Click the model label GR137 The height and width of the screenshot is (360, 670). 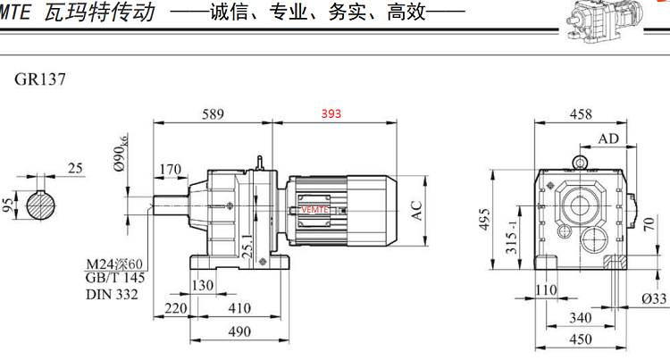pyautogui.click(x=39, y=78)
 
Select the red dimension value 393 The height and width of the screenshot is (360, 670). pyautogui.click(x=332, y=114)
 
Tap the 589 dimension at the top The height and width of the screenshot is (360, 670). pyautogui.click(x=211, y=114)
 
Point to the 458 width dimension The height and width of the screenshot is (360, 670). pyautogui.click(x=582, y=114)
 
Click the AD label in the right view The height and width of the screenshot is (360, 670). pyautogui.click(x=609, y=138)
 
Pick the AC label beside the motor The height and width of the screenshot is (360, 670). pyautogui.click(x=415, y=212)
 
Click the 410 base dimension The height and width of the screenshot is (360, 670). pyautogui.click(x=237, y=308)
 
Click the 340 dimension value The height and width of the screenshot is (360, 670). pyautogui.click(x=581, y=317)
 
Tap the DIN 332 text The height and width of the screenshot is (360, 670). pyautogui.click(x=112, y=294)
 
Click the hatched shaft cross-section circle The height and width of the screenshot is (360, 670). pyautogui.click(x=40, y=206)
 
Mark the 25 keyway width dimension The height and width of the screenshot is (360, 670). pyautogui.click(x=75, y=168)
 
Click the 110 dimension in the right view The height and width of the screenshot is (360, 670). pyautogui.click(x=546, y=290)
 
